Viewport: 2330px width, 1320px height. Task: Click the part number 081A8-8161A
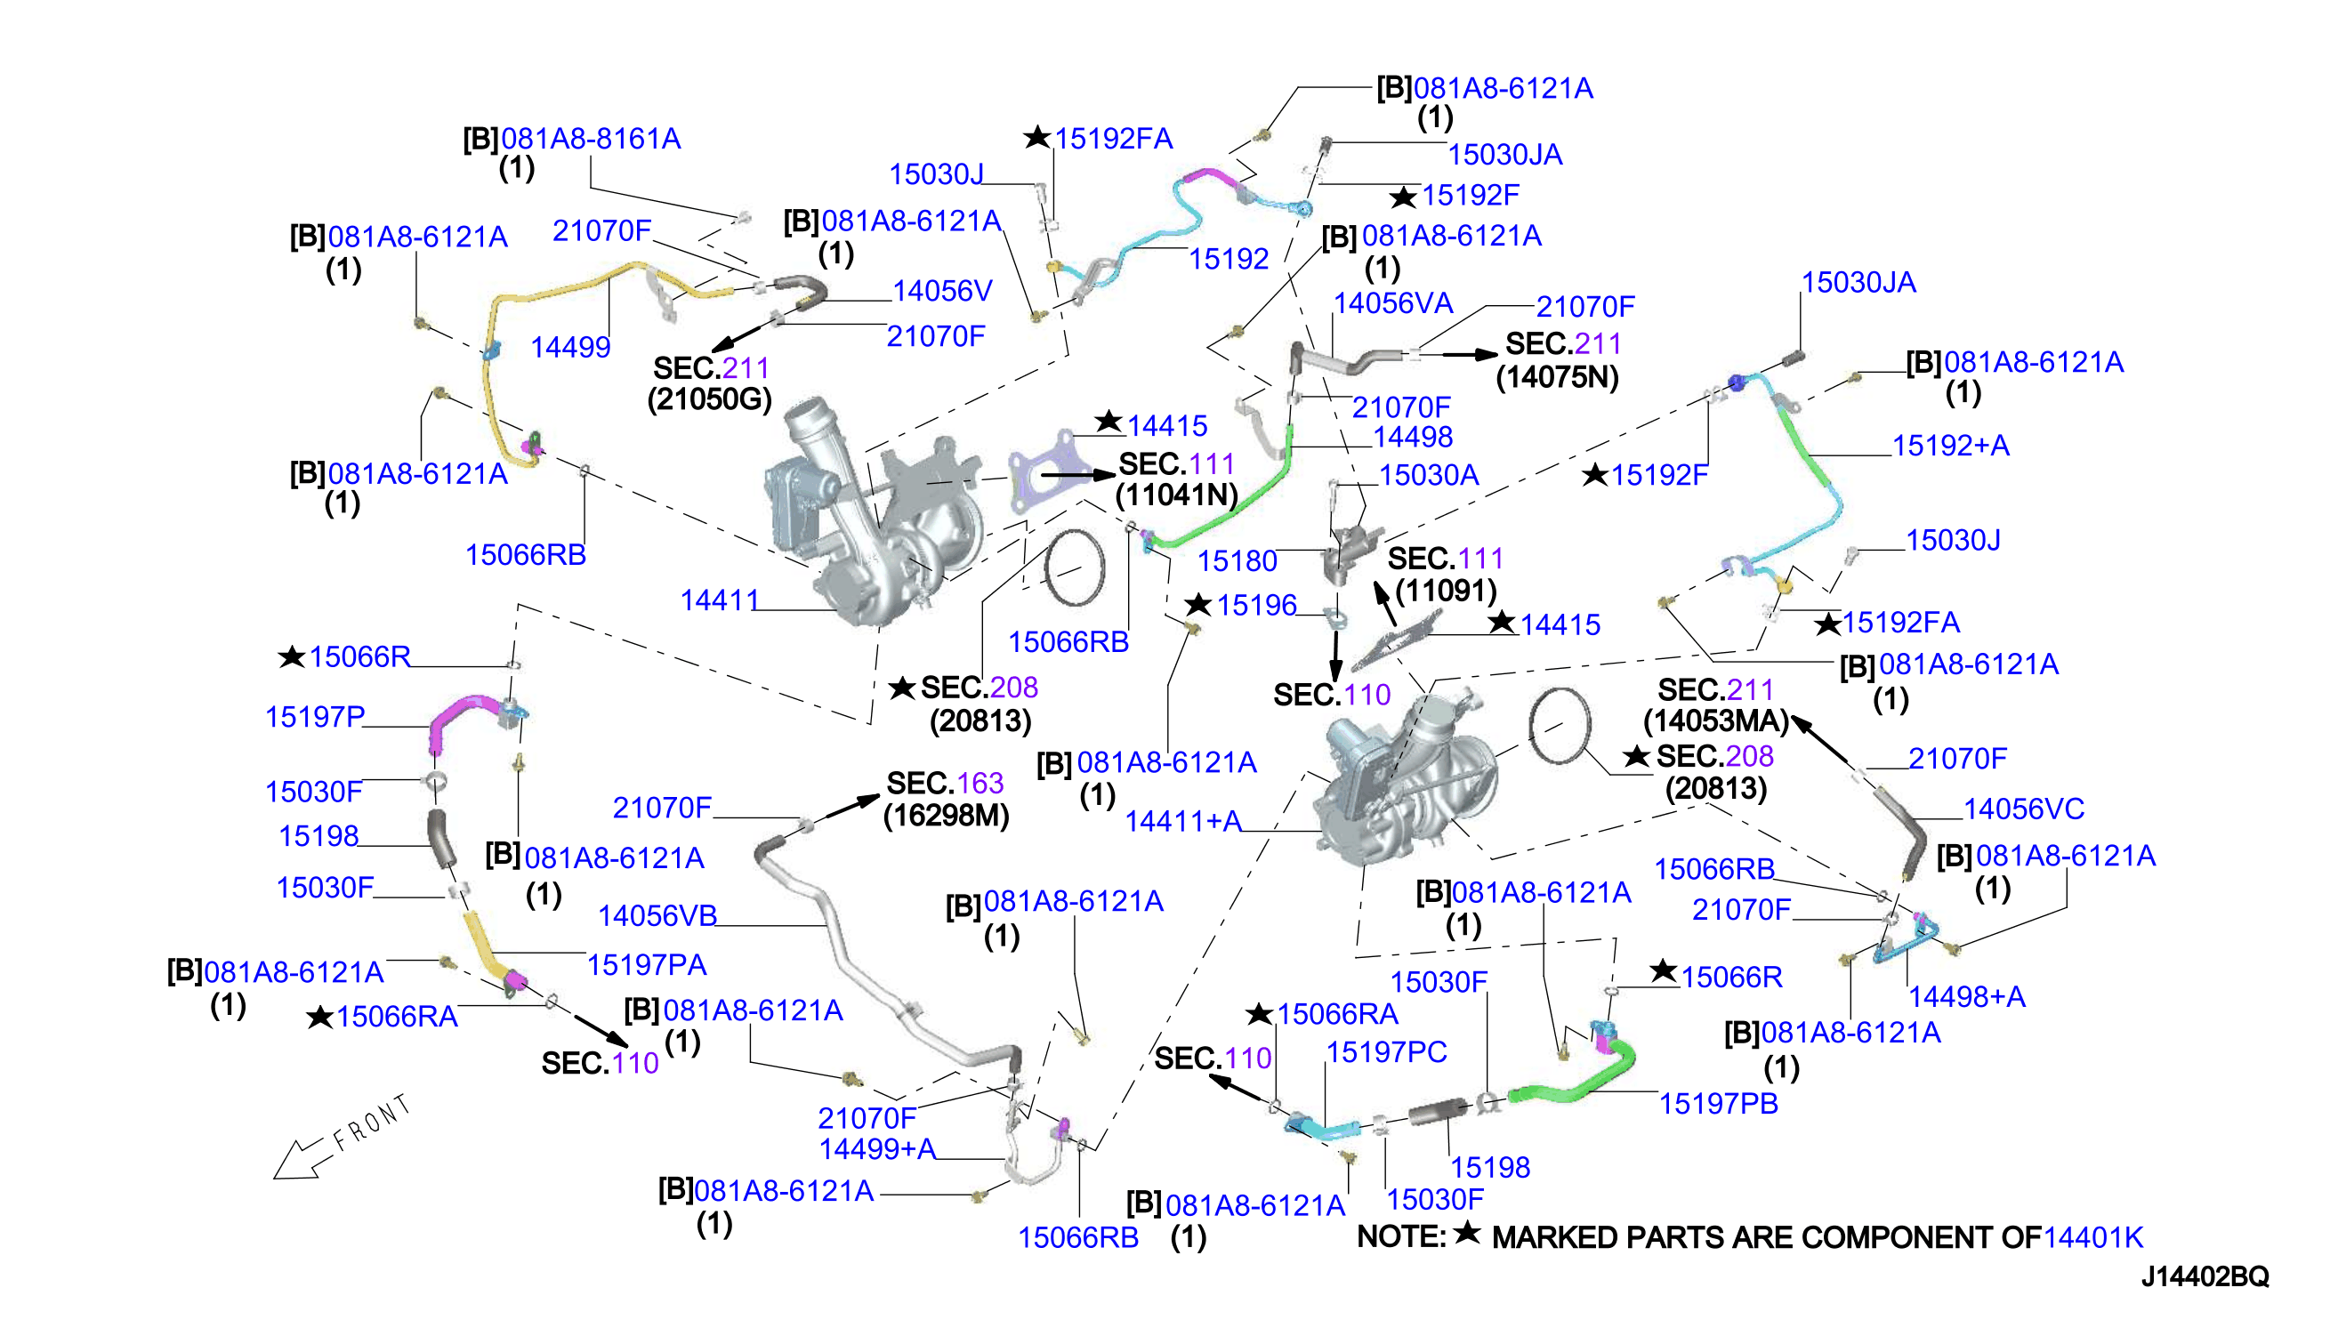tap(590, 139)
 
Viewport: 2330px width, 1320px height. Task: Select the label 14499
tap(570, 347)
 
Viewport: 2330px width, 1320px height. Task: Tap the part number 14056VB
tap(657, 915)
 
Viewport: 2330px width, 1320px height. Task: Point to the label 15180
tap(1238, 561)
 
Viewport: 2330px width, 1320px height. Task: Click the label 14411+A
tap(1183, 821)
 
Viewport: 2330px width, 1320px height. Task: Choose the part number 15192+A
tap(1950, 445)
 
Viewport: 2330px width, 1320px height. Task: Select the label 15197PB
tap(1718, 1103)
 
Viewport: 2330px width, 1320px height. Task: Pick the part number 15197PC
tap(1386, 1051)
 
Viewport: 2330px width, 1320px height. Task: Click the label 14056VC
tap(2024, 809)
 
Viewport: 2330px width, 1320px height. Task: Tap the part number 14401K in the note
tap(2093, 1237)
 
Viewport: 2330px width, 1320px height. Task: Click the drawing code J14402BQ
tap(2205, 1276)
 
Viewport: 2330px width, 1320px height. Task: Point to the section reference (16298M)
tap(947, 815)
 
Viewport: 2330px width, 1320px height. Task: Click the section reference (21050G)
tap(709, 398)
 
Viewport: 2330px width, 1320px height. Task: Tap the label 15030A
tap(1429, 475)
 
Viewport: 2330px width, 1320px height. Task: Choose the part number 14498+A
tap(1966, 997)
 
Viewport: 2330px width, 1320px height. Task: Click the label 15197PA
tap(647, 964)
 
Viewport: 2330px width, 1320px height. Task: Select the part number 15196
tap(1256, 605)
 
